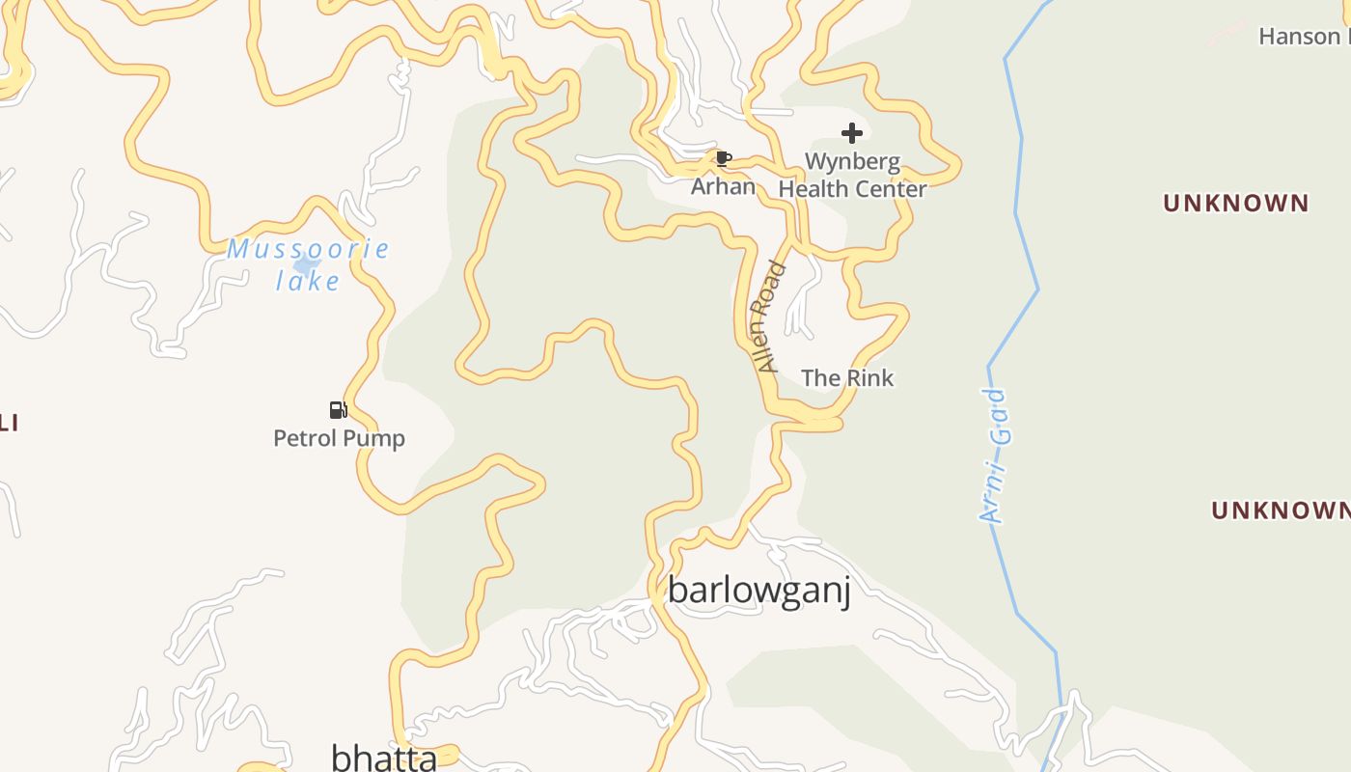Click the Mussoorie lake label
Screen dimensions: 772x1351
(308, 250)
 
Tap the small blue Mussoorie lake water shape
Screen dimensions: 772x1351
(306, 264)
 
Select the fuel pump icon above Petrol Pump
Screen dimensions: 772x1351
(338, 410)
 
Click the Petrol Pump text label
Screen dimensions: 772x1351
(339, 438)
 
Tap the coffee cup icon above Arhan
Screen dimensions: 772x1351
(723, 158)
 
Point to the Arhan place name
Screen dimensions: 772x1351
(723, 186)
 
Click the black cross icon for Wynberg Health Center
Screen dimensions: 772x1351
(851, 133)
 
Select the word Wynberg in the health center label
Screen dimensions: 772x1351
(852, 161)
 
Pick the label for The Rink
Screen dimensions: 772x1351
(847, 378)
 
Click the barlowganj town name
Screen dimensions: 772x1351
(759, 590)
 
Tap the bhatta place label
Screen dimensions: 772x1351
(384, 758)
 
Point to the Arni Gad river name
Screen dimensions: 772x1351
(993, 455)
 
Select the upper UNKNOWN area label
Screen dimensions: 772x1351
(1235, 204)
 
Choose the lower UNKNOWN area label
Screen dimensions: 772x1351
(1281, 510)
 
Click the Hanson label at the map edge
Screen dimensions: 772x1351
(1303, 37)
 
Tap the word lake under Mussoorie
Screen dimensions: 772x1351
(308, 281)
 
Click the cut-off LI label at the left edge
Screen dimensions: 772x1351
(9, 423)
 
